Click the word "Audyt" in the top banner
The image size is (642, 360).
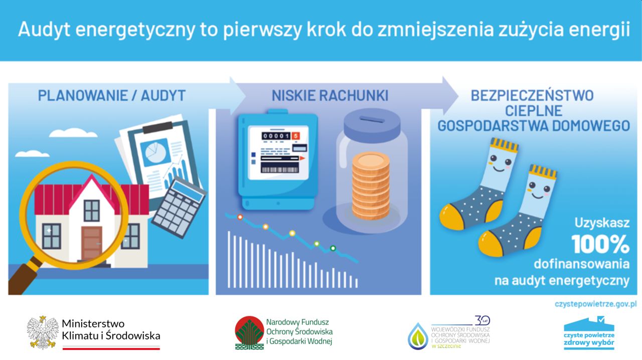44,29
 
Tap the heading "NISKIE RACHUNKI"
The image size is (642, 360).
330,95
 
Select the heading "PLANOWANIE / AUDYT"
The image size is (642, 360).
112,95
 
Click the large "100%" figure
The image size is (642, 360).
600,244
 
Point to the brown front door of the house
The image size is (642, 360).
92,243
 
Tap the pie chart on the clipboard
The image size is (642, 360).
155,152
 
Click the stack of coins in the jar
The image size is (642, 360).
371,186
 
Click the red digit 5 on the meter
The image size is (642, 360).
295,136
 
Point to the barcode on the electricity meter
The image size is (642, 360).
279,169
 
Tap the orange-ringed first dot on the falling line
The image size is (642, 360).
240,217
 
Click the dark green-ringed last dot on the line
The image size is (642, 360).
333,248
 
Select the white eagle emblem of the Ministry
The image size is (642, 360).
43,332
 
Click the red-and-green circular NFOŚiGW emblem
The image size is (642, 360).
249,333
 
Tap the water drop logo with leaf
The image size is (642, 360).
418,336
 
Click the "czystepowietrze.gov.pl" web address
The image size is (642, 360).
595,304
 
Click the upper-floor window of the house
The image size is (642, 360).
92,211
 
